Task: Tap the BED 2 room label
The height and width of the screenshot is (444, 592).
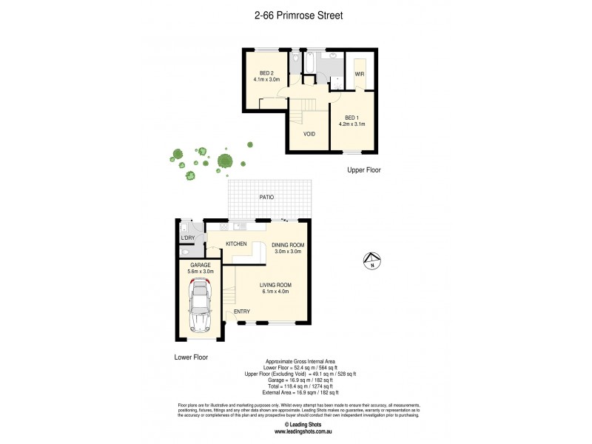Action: click(266, 73)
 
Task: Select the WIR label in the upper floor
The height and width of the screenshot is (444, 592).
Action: click(359, 74)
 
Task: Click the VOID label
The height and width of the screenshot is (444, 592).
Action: click(310, 134)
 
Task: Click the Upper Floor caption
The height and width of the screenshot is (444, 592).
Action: click(365, 170)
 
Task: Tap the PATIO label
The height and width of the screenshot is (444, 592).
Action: click(266, 198)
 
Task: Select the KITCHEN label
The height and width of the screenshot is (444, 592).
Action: click(236, 243)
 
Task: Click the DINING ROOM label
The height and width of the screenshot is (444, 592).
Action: click(287, 245)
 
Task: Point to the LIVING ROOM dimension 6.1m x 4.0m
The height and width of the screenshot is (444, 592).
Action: click(275, 292)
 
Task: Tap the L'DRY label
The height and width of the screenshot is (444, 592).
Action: click(188, 237)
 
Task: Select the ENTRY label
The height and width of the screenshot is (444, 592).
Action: click(242, 312)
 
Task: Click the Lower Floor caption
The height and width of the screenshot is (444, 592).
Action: click(191, 357)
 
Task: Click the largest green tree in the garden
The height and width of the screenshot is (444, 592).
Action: click(226, 161)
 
